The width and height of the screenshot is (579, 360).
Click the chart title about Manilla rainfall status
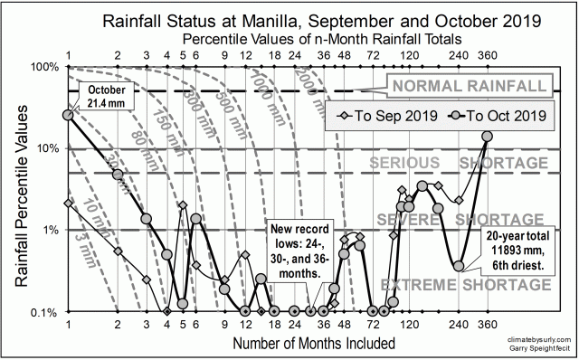coord(289,19)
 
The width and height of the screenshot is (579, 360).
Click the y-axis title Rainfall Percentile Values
coord(19,189)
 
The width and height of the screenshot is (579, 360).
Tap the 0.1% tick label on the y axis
coord(43,312)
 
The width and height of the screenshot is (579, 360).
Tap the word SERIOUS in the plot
coord(403,163)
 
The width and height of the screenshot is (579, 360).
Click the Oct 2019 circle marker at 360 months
coord(488,137)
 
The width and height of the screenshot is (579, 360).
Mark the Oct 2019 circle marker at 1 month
coord(68,115)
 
